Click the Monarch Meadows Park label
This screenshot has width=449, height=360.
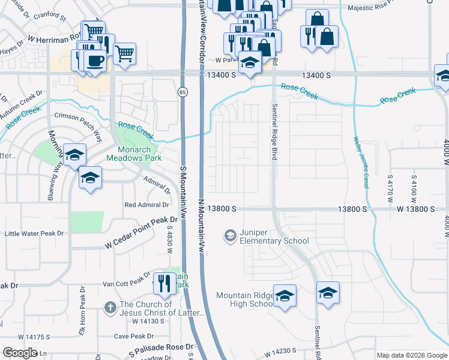coord(131,154)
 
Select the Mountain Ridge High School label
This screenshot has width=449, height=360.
coord(245,299)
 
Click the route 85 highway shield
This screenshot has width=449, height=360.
coord(182,92)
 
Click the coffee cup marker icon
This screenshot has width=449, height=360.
coord(95,60)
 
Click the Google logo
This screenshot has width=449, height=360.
coord(20,353)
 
